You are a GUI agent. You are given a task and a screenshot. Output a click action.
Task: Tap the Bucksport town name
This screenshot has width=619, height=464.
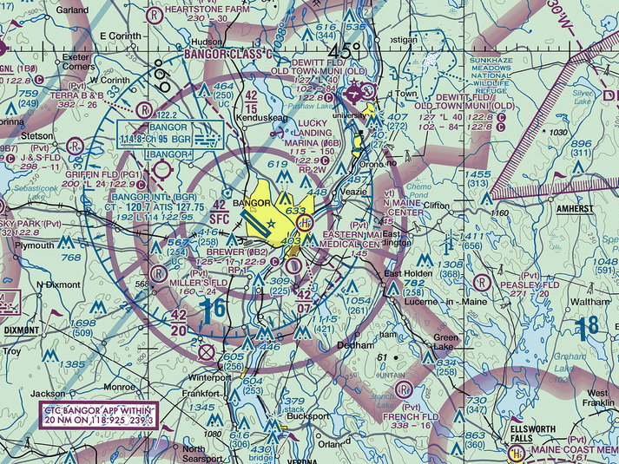(307, 416)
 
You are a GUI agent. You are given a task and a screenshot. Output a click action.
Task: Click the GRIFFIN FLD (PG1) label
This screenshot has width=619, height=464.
(105, 173)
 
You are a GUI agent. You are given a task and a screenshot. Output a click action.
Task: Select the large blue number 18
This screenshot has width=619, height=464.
(587, 326)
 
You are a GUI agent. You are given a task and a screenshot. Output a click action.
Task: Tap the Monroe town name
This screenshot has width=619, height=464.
(119, 386)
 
